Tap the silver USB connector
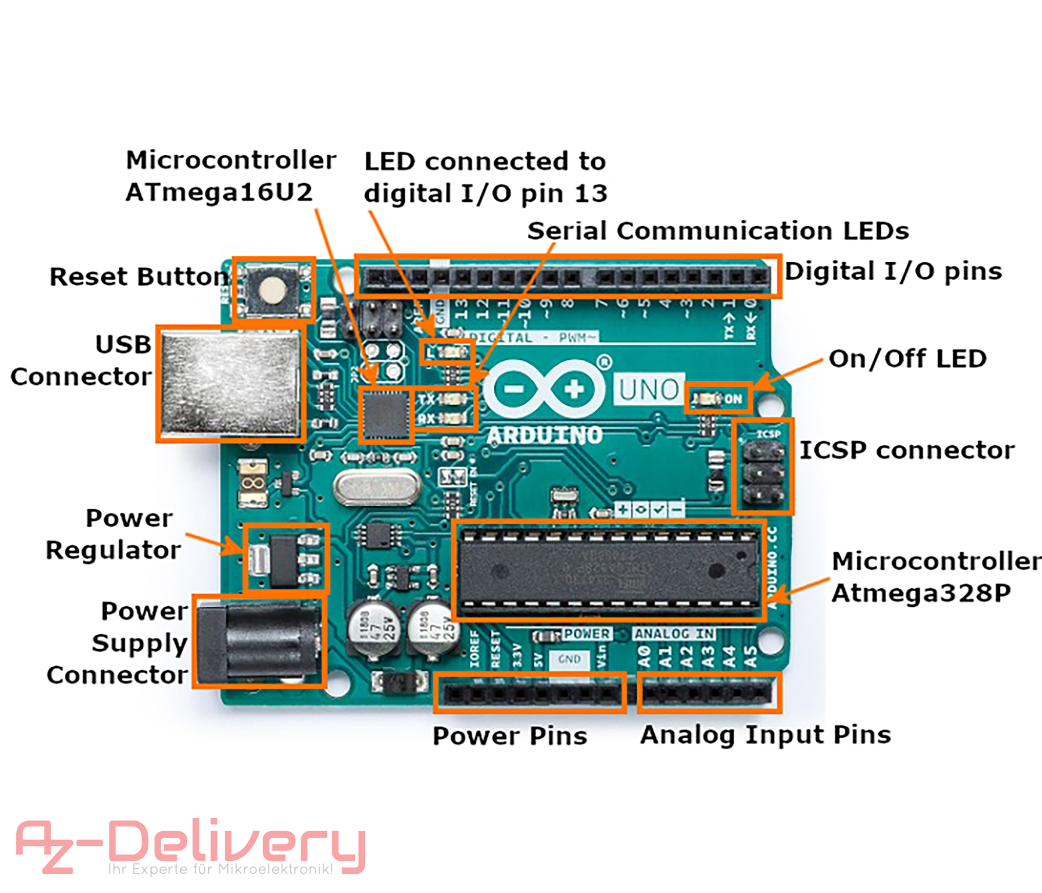coord(231,384)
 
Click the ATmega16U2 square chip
coord(385,415)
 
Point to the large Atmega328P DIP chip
coord(609,571)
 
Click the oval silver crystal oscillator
coord(377,487)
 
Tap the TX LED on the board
coord(453,399)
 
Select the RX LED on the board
coord(453,418)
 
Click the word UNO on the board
coord(649,390)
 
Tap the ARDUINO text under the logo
coord(544,435)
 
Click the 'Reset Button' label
coord(139,277)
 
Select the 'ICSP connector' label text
coord(907,451)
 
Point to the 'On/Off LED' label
coord(907,359)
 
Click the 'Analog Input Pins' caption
coord(765,734)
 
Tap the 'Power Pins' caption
coord(510,736)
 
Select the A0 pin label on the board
coord(644,656)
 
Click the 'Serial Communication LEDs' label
coord(718,231)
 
